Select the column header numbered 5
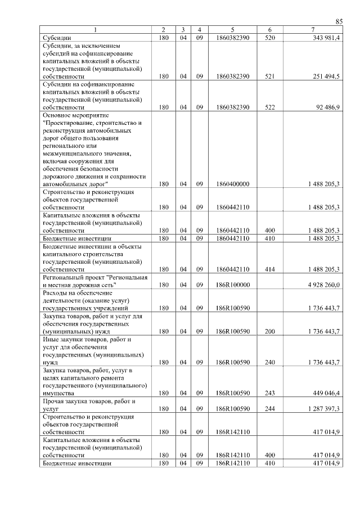[232, 30]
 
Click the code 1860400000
[232, 184]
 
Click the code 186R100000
[232, 285]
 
